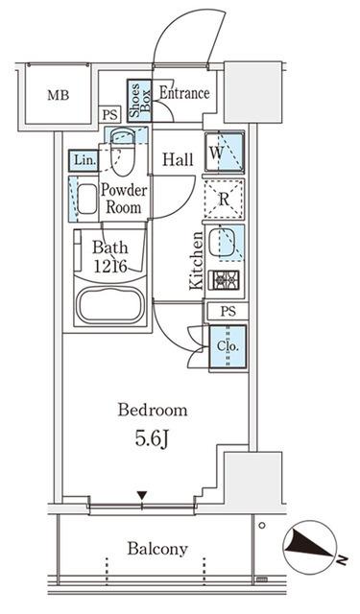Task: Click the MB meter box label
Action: click(x=58, y=95)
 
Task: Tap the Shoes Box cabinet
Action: click(x=139, y=100)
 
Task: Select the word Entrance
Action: click(x=184, y=93)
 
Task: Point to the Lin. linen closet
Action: click(x=84, y=160)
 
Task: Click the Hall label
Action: click(x=178, y=159)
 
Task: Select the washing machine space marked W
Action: click(x=225, y=153)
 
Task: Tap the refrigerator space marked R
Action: click(x=225, y=199)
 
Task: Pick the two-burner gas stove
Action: click(x=224, y=280)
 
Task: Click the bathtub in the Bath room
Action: click(x=109, y=305)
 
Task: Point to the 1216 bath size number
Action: click(x=110, y=267)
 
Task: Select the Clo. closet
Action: click(x=228, y=347)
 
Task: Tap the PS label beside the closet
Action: click(x=228, y=311)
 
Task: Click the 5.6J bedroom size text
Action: click(x=152, y=439)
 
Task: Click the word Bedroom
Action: click(x=153, y=410)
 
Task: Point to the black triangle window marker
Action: click(x=142, y=495)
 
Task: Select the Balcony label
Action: click(x=157, y=549)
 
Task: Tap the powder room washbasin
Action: click(x=87, y=200)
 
